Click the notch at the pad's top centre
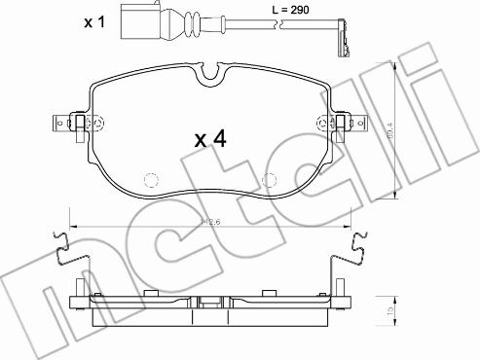211,73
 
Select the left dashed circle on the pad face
151,181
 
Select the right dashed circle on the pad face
273,181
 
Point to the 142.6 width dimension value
209,223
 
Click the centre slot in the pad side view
211,300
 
